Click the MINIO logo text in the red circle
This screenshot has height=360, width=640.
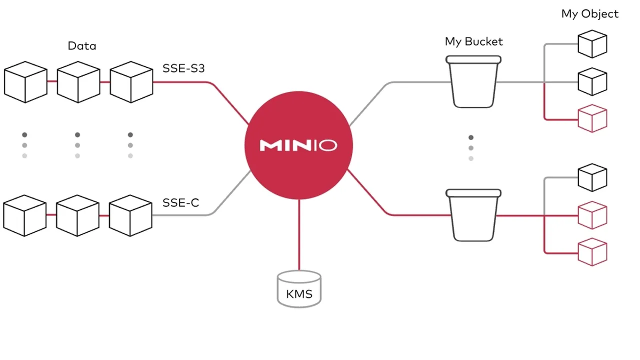(298, 145)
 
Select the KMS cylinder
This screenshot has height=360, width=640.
(299, 289)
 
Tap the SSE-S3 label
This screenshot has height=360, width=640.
(183, 68)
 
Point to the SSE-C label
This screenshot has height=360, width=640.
(180, 202)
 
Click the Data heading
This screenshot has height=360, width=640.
(82, 46)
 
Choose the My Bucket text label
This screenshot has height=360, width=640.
(473, 41)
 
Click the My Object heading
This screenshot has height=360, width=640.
(589, 14)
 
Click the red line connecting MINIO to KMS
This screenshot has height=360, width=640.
(299, 235)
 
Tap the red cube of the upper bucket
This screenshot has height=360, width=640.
(592, 118)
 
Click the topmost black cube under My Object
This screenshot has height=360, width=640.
(592, 44)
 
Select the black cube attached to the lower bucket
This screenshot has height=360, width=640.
(592, 177)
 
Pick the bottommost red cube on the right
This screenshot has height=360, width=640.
(592, 252)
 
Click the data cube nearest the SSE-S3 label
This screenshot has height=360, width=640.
(131, 82)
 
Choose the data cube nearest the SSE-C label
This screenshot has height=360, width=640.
(130, 215)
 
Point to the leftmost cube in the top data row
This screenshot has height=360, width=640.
(25, 82)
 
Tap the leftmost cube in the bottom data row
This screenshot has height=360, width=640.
(24, 215)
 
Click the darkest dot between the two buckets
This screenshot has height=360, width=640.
(470, 137)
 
